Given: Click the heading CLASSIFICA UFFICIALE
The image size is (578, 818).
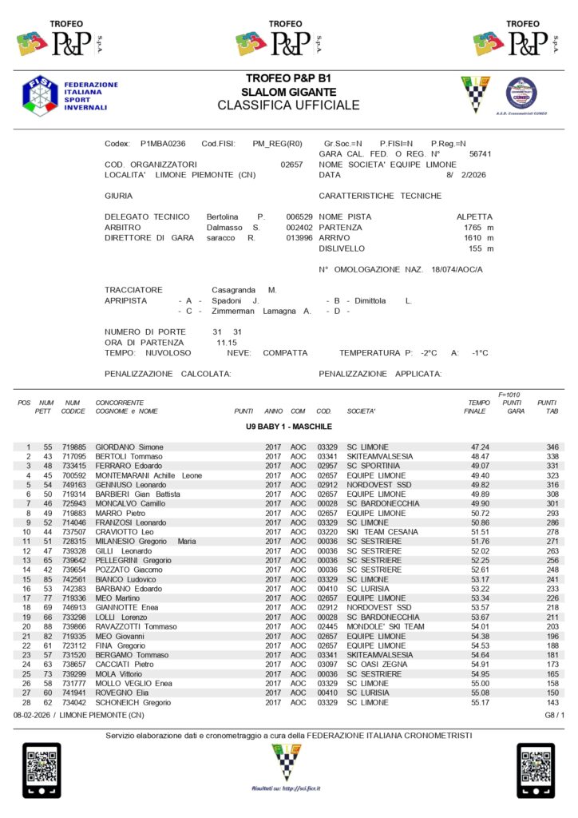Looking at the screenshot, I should pos(288,105).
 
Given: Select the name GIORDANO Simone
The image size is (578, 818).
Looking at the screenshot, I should pos(129,447).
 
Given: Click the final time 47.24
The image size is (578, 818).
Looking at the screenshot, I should pos(480,447).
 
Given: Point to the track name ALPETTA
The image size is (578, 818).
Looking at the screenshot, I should pos(474,216).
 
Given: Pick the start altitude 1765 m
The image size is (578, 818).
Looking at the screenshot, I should pos(478,228).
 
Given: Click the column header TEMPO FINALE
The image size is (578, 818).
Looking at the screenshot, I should pos(479,407).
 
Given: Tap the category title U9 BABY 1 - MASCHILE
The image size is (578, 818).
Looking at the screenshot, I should pos(288,427).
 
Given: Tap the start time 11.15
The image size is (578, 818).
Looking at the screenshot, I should pos(226,342).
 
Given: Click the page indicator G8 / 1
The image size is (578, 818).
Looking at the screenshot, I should pos(553,714).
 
